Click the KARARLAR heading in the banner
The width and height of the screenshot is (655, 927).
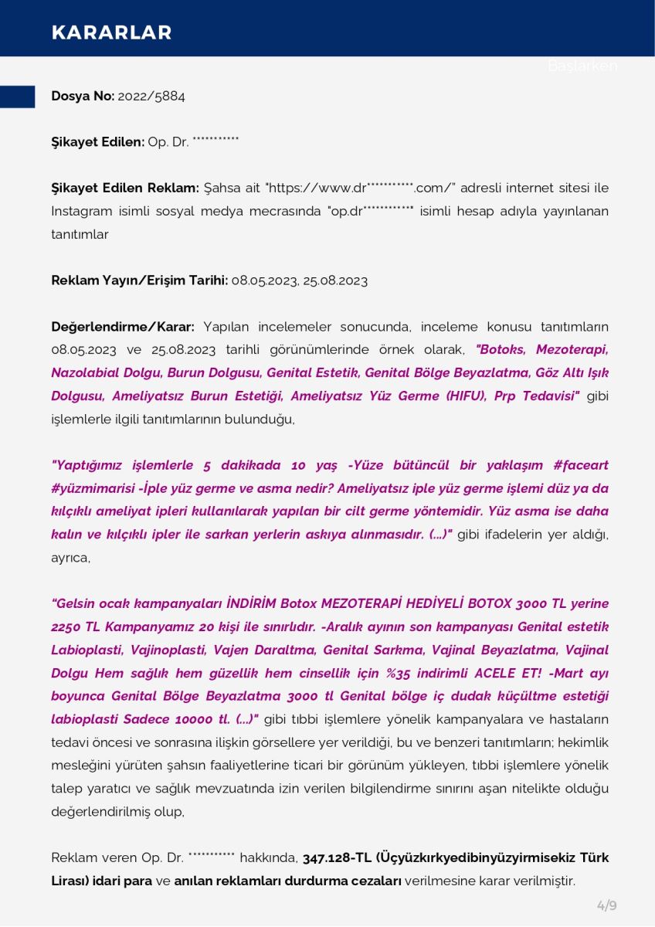pyautogui.click(x=111, y=32)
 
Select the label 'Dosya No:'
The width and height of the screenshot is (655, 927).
pyautogui.click(x=83, y=97)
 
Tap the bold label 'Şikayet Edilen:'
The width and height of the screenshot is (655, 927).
pyautogui.click(x=98, y=142)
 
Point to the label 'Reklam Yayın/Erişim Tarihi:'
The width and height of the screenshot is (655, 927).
pyautogui.click(x=139, y=280)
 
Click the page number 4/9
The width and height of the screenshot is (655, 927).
pyautogui.click(x=606, y=905)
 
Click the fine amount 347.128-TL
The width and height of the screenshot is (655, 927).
pyautogui.click(x=337, y=858)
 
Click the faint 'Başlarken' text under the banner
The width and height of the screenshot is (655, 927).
pyautogui.click(x=582, y=66)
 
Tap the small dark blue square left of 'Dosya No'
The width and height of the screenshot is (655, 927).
pyautogui.click(x=17, y=97)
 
